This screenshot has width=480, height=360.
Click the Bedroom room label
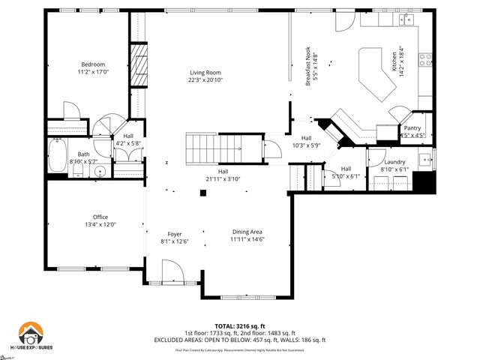click(x=94, y=64)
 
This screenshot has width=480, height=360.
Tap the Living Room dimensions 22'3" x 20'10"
click(x=205, y=80)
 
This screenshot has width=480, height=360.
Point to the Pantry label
click(x=412, y=128)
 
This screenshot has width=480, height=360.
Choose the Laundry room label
click(x=394, y=162)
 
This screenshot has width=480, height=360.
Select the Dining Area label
click(x=247, y=233)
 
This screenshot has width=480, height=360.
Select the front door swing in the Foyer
click(x=171, y=271)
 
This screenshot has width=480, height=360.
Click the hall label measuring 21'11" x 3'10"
click(x=223, y=175)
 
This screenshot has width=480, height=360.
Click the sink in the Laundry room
click(x=425, y=159)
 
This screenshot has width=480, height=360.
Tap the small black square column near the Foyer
click(x=202, y=194)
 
